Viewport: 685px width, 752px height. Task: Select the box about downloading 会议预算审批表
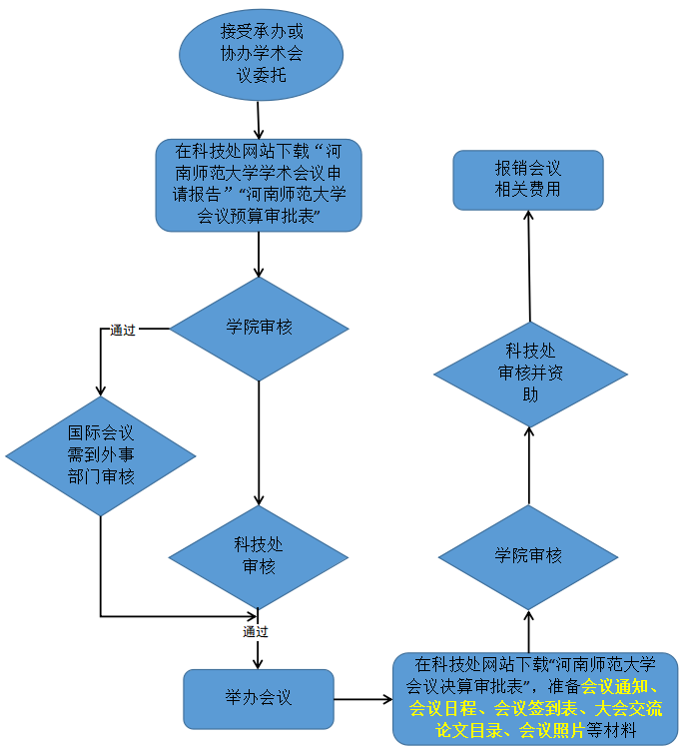click(x=258, y=185)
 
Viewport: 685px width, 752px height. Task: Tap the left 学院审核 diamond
click(x=259, y=328)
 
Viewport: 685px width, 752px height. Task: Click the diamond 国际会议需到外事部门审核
click(x=101, y=455)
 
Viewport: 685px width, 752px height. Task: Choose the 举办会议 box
click(x=258, y=698)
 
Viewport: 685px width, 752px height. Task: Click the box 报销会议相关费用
click(x=527, y=180)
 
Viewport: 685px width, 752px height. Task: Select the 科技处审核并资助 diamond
click(x=530, y=372)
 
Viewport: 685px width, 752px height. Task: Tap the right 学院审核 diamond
click(x=528, y=556)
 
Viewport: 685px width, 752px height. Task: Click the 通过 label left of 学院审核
click(x=123, y=331)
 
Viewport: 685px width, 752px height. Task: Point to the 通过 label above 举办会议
click(x=256, y=632)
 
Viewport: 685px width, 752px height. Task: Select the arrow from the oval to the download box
click(x=258, y=120)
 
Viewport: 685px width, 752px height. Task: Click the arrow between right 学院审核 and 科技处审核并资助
click(x=529, y=464)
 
